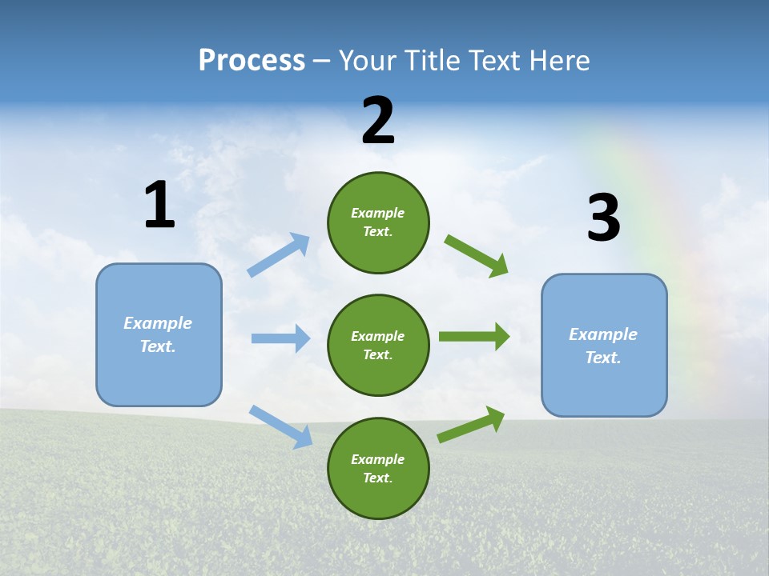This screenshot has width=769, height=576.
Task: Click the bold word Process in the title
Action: pyautogui.click(x=252, y=61)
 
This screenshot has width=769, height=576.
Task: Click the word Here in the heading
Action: pyautogui.click(x=558, y=61)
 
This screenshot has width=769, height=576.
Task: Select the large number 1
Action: pyautogui.click(x=159, y=206)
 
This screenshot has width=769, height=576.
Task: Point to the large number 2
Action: pyautogui.click(x=378, y=121)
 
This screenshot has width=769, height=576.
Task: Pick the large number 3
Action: pyautogui.click(x=603, y=218)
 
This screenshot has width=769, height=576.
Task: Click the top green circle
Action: pyautogui.click(x=378, y=222)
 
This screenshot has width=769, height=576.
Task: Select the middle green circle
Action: pyautogui.click(x=378, y=345)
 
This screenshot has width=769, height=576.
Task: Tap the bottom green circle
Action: pyautogui.click(x=378, y=468)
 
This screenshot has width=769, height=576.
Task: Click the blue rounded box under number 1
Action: pyautogui.click(x=159, y=334)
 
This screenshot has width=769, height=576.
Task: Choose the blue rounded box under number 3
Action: pyautogui.click(x=604, y=346)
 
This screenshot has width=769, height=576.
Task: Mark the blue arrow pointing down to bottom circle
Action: pyautogui.click(x=280, y=426)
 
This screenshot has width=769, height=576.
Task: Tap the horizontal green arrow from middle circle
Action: pyautogui.click(x=473, y=337)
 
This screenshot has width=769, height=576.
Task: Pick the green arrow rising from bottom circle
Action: pyautogui.click(x=471, y=424)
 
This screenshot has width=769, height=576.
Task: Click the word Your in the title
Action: pyautogui.click(x=368, y=61)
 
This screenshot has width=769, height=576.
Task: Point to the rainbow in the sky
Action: pyautogui.click(x=641, y=192)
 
